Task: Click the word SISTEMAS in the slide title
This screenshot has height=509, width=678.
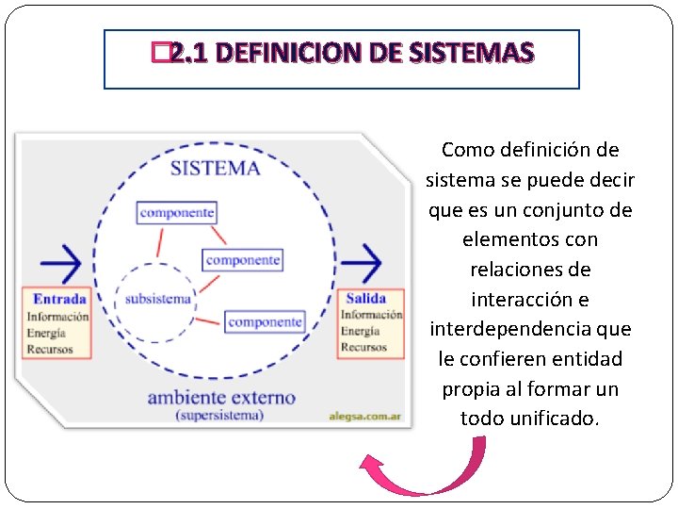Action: (473, 53)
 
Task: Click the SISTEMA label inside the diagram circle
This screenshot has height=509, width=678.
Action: (215, 169)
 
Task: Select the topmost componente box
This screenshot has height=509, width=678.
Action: (176, 212)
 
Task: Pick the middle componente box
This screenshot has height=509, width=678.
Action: (243, 259)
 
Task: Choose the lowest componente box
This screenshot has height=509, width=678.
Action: (265, 321)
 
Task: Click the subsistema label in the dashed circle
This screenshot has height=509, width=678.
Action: (157, 300)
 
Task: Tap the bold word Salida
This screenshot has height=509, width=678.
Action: (365, 299)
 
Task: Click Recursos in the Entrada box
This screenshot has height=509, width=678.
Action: (50, 348)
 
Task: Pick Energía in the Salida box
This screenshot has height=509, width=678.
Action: (361, 331)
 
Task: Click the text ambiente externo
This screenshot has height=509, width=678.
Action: (221, 397)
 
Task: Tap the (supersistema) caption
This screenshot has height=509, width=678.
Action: (218, 415)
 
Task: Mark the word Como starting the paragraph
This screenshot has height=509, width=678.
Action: (469, 149)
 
